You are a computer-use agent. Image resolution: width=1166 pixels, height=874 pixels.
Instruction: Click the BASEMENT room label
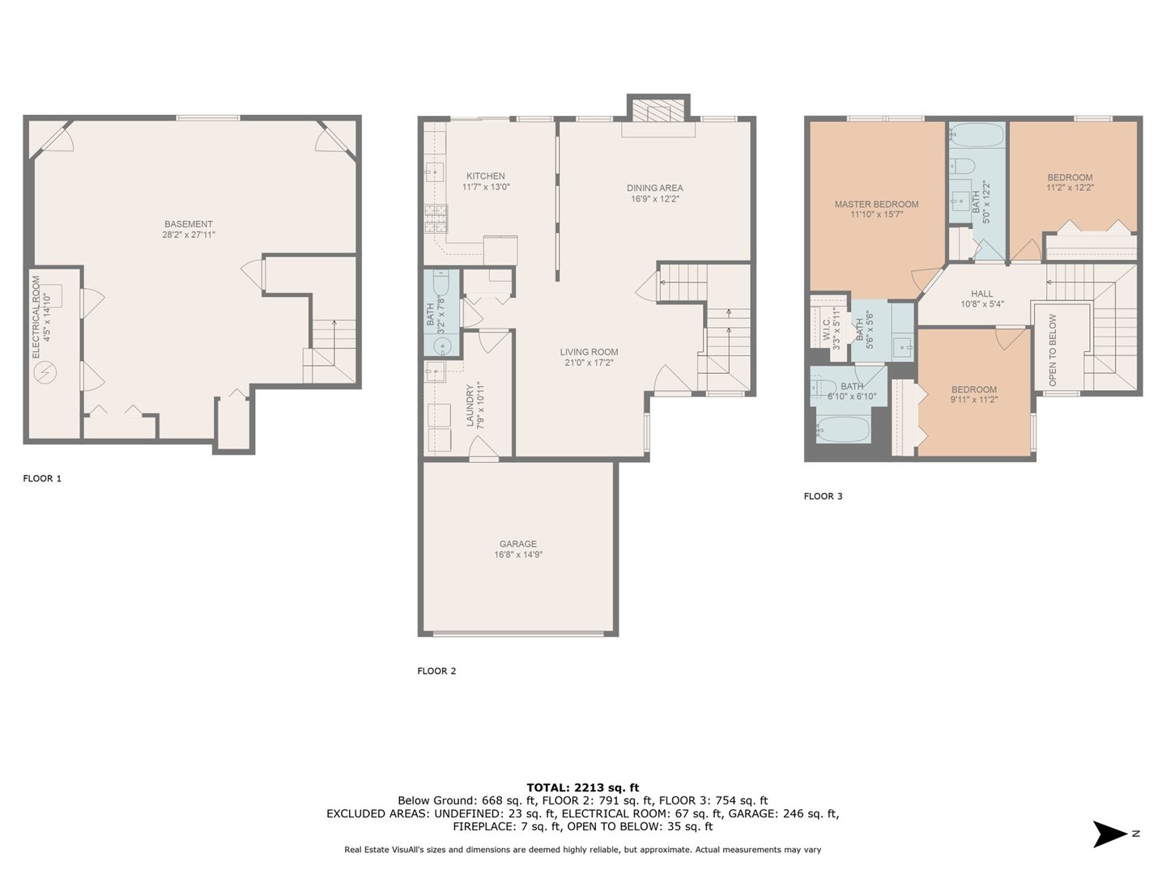click(188, 224)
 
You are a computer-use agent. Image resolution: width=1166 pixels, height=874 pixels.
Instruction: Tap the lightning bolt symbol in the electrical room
click(45, 372)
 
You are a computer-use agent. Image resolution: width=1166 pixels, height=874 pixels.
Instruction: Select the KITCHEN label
click(486, 176)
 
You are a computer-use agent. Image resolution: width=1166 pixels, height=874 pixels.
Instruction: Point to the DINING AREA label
click(654, 188)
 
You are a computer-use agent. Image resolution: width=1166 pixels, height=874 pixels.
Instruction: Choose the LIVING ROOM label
click(589, 352)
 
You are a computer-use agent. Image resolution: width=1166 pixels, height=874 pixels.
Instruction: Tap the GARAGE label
click(518, 544)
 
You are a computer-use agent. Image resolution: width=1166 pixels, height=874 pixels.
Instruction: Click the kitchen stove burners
click(436, 219)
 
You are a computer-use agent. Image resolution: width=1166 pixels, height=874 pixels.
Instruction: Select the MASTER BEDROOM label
click(876, 204)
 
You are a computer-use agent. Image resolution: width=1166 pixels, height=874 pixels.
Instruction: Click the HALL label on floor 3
click(981, 294)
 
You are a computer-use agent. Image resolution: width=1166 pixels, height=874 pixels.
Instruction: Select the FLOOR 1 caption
click(42, 478)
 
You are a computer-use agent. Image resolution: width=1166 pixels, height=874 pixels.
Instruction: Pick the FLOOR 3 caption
click(823, 496)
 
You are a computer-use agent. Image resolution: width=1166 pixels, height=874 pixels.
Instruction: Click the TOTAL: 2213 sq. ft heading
click(583, 787)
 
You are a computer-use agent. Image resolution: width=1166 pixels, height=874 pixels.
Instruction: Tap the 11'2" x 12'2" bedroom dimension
click(1070, 187)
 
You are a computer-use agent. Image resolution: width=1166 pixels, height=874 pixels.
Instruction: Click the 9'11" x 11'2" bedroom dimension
click(974, 400)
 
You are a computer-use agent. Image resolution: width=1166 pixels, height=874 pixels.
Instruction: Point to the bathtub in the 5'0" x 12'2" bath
click(977, 135)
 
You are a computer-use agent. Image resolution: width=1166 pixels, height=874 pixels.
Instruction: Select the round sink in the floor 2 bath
click(442, 347)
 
